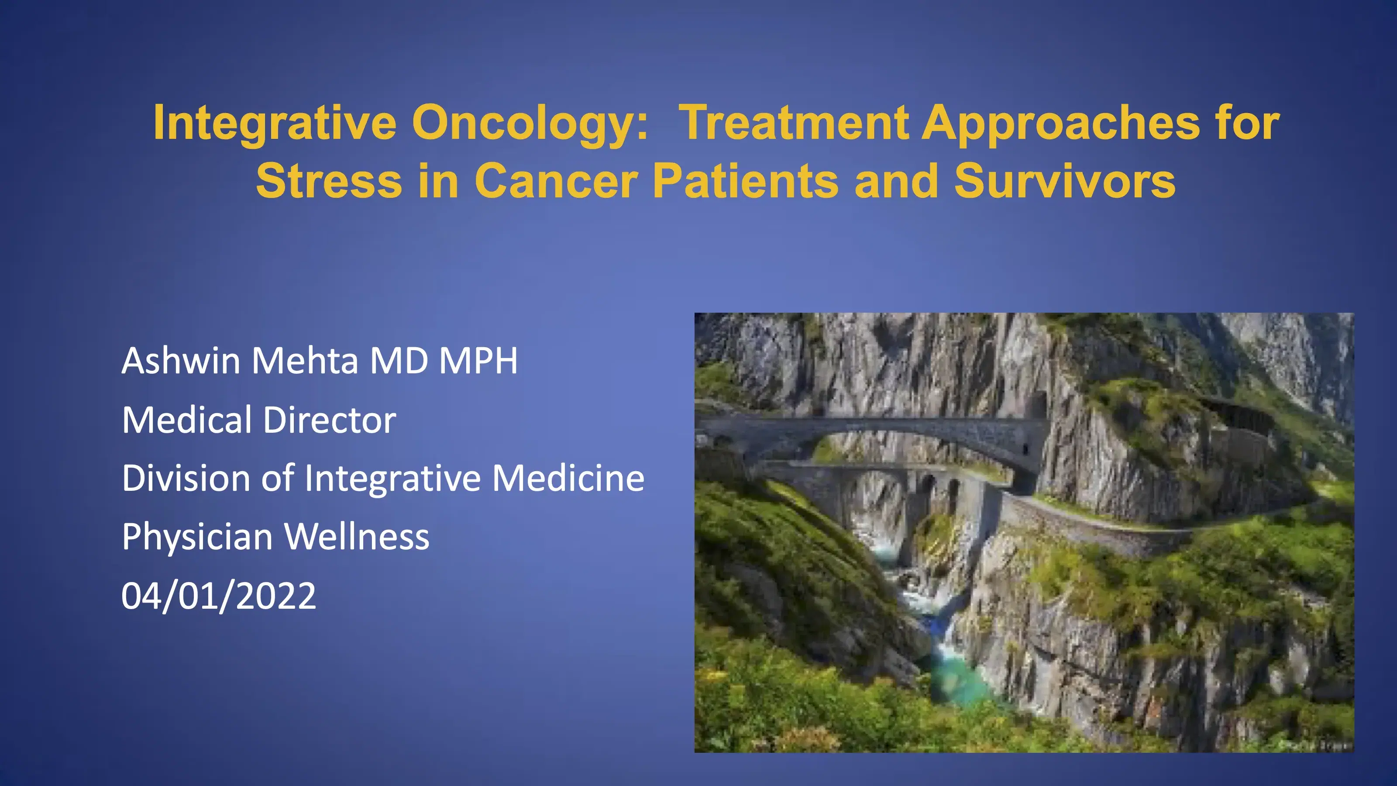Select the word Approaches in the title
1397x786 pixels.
click(x=1061, y=124)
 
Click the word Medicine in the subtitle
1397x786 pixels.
click(x=568, y=479)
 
